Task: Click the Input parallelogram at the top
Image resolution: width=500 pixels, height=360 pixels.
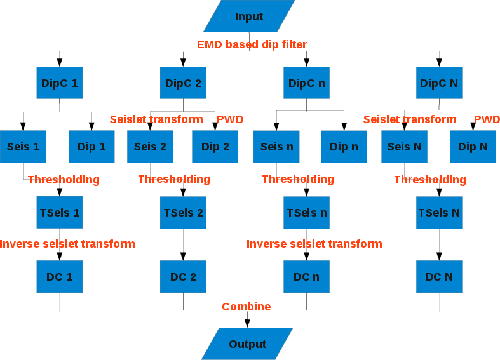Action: click(249, 17)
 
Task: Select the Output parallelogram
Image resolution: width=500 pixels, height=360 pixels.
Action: click(248, 344)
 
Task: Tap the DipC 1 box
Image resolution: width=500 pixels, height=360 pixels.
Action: click(60, 83)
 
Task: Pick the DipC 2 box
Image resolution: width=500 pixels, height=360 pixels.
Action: click(183, 83)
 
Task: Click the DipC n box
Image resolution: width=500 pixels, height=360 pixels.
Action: click(306, 83)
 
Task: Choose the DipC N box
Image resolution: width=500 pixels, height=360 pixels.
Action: click(439, 83)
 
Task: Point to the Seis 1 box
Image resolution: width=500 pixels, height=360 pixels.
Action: click(24, 147)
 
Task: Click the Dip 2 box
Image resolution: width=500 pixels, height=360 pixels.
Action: click(215, 147)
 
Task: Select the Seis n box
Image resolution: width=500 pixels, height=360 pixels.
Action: click(276, 147)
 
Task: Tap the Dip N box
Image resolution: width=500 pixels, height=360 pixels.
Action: click(473, 147)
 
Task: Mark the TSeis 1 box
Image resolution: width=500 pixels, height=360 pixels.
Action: click(60, 213)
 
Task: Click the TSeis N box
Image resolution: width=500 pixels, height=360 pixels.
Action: click(439, 213)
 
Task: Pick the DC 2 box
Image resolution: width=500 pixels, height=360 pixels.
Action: click(183, 276)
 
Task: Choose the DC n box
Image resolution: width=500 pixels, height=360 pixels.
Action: click(306, 276)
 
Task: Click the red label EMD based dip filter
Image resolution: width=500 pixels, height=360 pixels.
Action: click(252, 44)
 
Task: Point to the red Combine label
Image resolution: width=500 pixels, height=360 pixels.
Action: click(246, 307)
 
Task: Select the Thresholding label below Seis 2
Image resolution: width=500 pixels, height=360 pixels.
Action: click(174, 179)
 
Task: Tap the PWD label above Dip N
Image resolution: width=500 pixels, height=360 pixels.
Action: click(487, 119)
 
